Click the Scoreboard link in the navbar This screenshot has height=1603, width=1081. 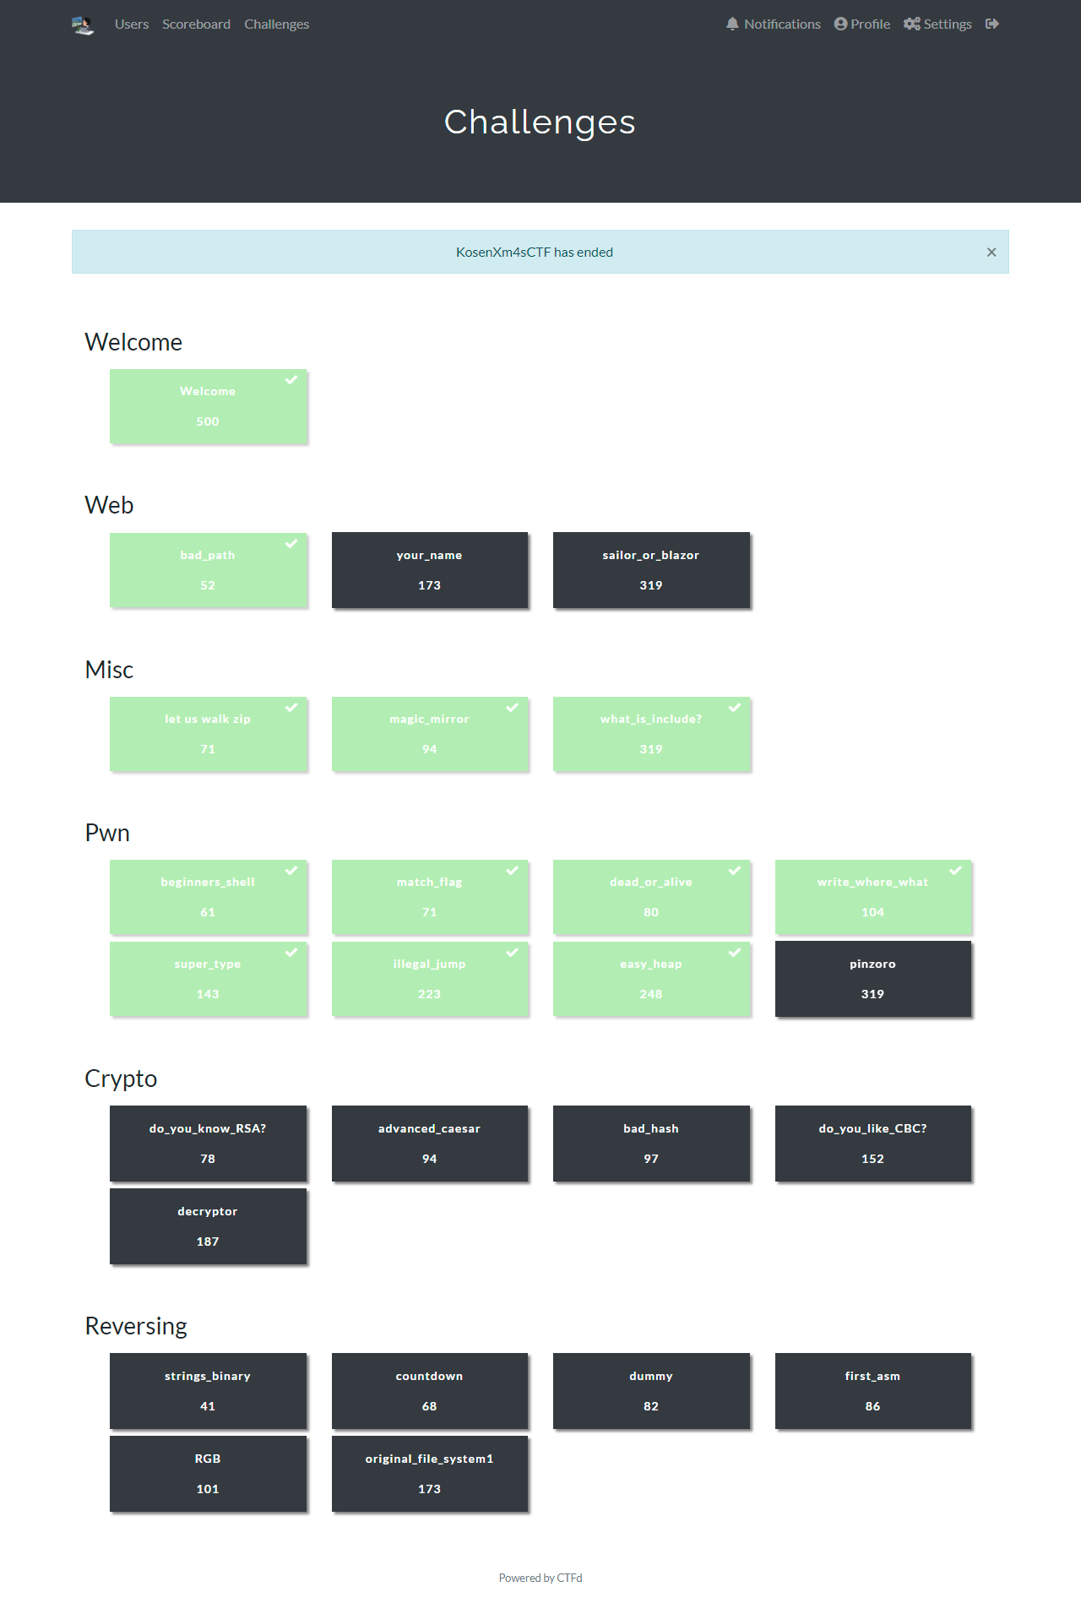coord(196,24)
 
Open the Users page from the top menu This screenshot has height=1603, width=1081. coord(132,24)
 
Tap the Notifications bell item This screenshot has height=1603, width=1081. coord(774,24)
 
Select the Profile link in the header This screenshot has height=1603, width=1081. coord(862,24)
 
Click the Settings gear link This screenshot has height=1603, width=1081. coord(937,24)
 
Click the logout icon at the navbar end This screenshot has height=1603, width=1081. coord(992,24)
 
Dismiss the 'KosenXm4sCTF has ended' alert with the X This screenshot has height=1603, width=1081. coord(991,252)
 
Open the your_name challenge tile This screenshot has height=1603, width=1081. coord(430,570)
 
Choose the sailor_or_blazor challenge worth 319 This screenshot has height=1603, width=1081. coord(651,570)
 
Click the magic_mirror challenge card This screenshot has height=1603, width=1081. coord(430,734)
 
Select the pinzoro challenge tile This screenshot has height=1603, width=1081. coord(873,979)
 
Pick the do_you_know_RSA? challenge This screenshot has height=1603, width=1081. coord(208,1144)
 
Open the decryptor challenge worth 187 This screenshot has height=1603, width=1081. coord(208,1226)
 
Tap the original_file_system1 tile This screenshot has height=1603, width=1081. coord(430,1474)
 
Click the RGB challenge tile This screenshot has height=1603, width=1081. coord(208,1474)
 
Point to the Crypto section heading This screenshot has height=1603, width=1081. coord(121,1079)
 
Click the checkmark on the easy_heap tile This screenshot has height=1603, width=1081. coord(735,953)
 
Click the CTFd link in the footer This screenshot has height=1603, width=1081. coord(569,1578)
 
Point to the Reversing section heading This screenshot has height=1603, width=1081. coord(136,1326)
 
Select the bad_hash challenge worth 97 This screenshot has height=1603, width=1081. coord(651,1144)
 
